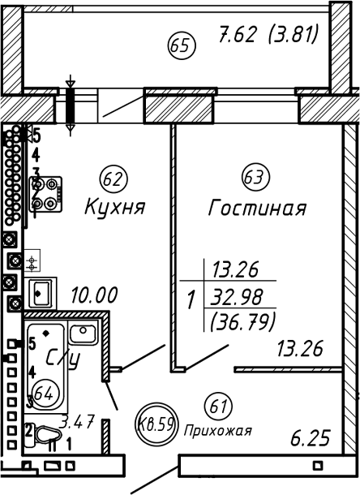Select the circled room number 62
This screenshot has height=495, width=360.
[x=113, y=176]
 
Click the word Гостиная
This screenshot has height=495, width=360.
[x=257, y=208]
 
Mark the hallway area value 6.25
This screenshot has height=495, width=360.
[x=311, y=439]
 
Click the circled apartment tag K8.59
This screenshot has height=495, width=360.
[x=156, y=422]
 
